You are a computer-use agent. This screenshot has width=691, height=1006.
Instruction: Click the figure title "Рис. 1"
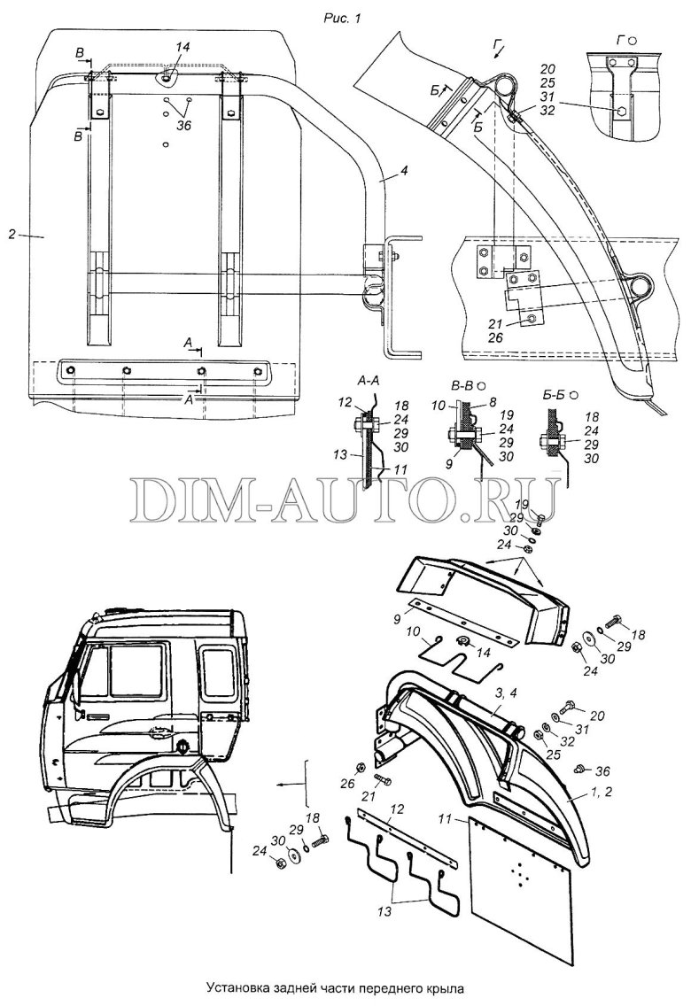pos(345,17)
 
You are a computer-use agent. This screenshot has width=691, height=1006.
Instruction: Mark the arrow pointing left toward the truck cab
pos(288,784)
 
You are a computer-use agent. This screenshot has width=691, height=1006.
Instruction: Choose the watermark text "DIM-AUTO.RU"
pos(345,502)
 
